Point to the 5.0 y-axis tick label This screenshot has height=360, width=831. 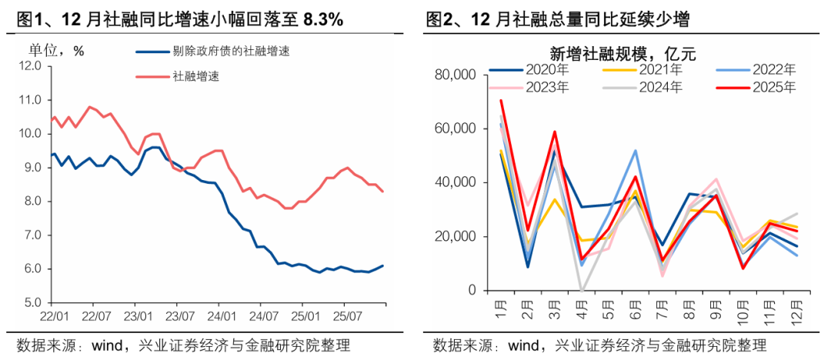[x=31, y=303]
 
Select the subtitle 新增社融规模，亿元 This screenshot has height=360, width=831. [x=622, y=53]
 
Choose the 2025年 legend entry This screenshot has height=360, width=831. [x=773, y=87]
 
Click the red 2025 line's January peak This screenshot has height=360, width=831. [x=501, y=101]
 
